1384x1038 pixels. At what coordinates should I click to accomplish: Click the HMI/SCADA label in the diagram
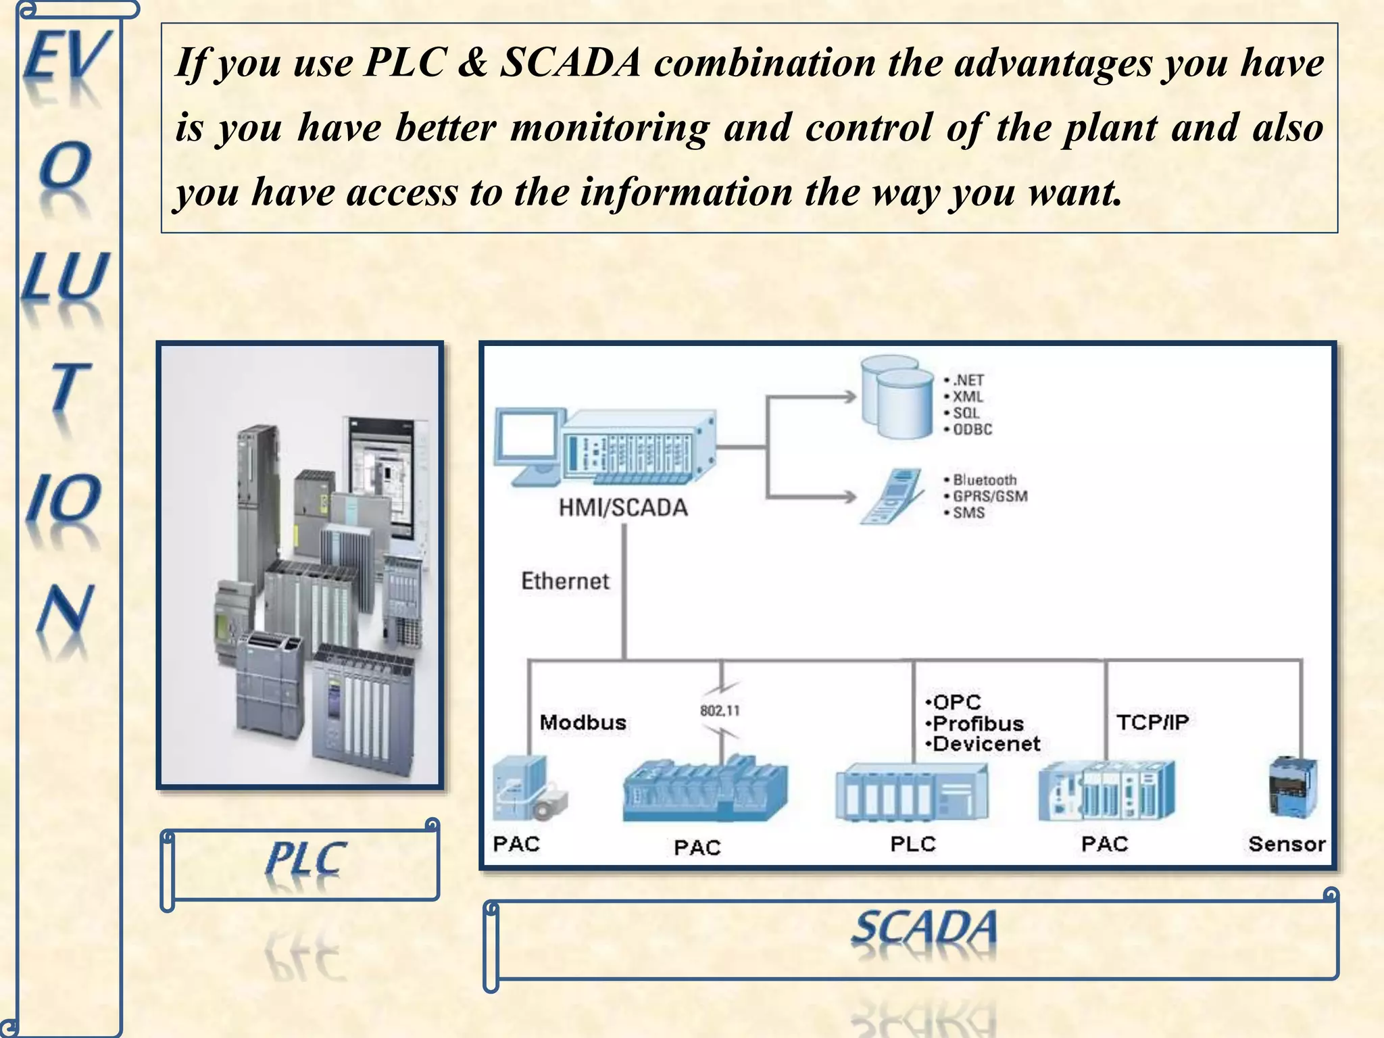tap(622, 508)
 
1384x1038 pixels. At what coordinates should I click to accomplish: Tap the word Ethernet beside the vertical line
tap(565, 581)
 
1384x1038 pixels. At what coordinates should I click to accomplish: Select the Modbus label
tap(583, 722)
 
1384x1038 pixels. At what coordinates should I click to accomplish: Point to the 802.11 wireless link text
tap(720, 711)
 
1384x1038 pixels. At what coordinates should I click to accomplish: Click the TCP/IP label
tap(1152, 722)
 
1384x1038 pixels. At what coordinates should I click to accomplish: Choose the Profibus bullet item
tap(977, 724)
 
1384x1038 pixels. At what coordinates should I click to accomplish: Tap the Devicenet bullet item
tap(985, 744)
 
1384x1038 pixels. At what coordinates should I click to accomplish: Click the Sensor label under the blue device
tap(1287, 844)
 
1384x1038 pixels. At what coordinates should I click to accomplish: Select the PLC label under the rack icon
tap(913, 844)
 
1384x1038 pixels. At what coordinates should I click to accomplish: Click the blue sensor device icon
tap(1293, 787)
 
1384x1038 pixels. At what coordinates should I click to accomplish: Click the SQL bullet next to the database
tap(965, 413)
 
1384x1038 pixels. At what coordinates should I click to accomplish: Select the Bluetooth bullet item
tap(984, 480)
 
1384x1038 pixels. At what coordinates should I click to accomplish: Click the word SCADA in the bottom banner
tap(924, 928)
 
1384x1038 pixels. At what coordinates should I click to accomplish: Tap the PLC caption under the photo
tap(306, 860)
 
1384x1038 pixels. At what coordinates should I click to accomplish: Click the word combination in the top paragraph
tap(764, 63)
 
